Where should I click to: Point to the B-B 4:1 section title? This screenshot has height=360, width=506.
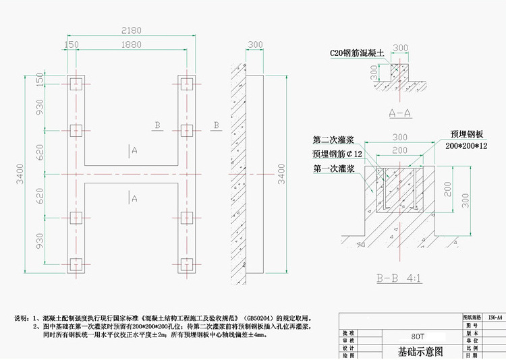[x=399, y=278]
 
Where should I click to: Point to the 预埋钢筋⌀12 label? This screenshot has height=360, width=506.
[x=337, y=154]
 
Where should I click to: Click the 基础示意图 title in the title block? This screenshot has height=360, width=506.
[x=421, y=351]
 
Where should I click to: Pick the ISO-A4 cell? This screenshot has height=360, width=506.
[x=495, y=316]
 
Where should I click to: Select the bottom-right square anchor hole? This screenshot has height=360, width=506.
[x=186, y=262]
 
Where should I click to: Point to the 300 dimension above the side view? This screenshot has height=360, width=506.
[x=255, y=45]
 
